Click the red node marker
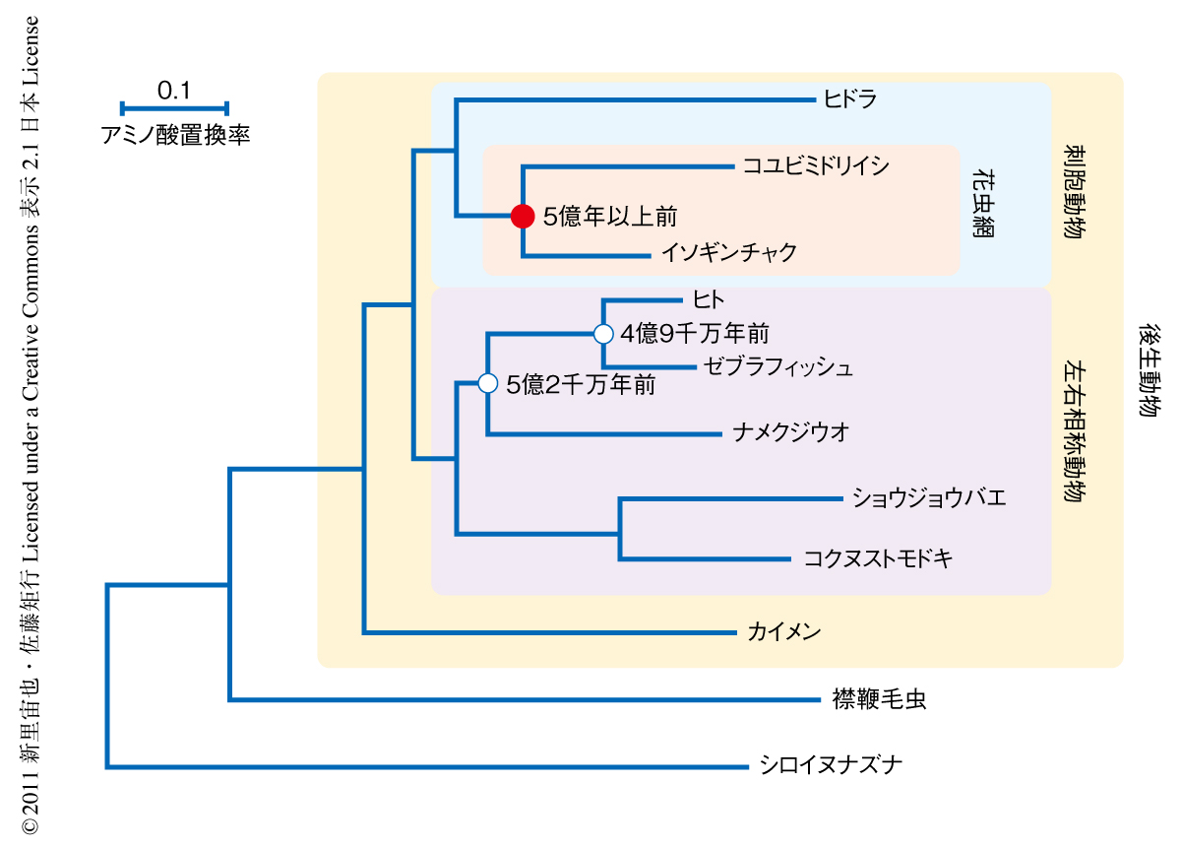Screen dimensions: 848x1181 pyautogui.click(x=522, y=216)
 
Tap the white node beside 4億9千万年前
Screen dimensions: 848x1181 pyautogui.click(x=603, y=334)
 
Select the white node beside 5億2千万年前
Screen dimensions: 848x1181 pyautogui.click(x=487, y=384)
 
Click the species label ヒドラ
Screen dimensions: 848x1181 pyautogui.click(x=850, y=98)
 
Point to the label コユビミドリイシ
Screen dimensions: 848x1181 pyautogui.click(x=816, y=165)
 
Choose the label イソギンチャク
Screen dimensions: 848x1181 pyautogui.click(x=728, y=253)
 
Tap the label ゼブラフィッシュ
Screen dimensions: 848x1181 pyautogui.click(x=778, y=367)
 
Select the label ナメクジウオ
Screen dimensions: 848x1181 pyautogui.click(x=791, y=432)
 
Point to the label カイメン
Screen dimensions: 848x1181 pyautogui.click(x=783, y=631)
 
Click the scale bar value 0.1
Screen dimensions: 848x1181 pyautogui.click(x=173, y=91)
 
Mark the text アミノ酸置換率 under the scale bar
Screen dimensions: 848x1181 pyautogui.click(x=175, y=135)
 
